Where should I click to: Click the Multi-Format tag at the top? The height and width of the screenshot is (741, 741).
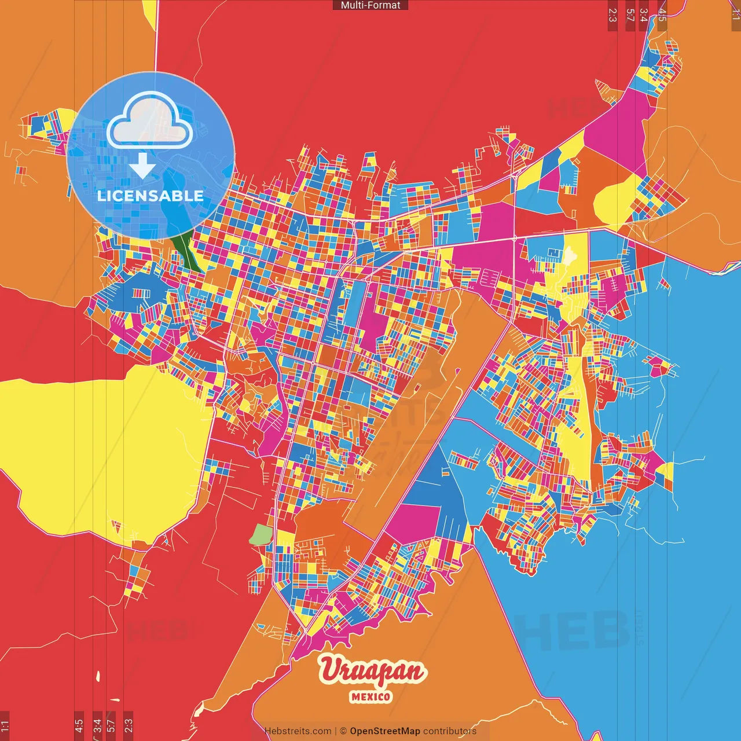(x=370, y=5)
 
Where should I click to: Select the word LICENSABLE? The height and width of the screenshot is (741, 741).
(x=151, y=196)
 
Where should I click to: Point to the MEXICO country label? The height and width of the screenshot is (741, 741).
(x=370, y=696)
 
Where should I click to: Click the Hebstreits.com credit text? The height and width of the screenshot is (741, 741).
(x=298, y=731)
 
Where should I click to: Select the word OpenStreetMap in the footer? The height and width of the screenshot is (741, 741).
(x=384, y=731)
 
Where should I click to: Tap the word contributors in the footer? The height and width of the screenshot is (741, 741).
(x=450, y=731)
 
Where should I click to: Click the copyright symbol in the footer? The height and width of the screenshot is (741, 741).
(x=343, y=731)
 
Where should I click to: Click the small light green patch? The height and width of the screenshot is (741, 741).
(x=261, y=535)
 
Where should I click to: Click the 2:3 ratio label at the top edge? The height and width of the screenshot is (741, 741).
(x=612, y=15)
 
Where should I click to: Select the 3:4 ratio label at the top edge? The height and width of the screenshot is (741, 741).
(x=644, y=15)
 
